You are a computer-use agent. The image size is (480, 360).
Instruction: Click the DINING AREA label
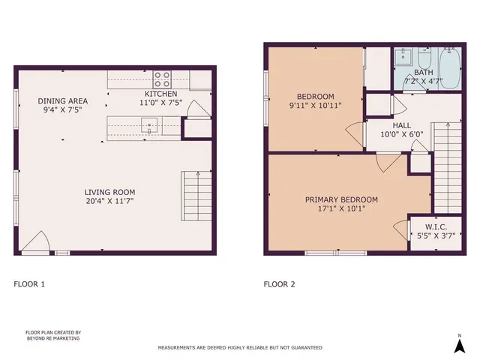tap(63, 100)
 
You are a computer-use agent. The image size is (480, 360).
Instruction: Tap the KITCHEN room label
tap(160, 94)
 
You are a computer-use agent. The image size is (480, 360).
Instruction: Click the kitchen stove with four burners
tap(162, 78)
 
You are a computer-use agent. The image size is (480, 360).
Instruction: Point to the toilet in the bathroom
tap(424, 59)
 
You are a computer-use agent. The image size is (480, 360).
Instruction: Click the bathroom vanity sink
tap(403, 55)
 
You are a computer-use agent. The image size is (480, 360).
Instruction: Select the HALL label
tap(401, 125)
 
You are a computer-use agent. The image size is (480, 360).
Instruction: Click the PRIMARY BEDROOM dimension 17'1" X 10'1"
tap(340, 209)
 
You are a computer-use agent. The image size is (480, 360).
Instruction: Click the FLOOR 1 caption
tap(30, 284)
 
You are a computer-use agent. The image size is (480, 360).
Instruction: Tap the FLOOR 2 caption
tap(279, 284)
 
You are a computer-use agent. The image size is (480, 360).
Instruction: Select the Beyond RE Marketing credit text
tap(52, 335)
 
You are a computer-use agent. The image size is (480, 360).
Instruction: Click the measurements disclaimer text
tap(239, 348)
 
